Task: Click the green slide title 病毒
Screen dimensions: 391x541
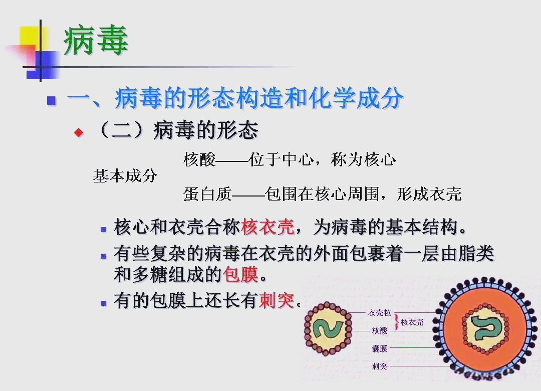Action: point(96,41)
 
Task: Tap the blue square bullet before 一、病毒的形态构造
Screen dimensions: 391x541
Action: point(51,100)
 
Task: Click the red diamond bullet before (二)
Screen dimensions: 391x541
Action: point(78,132)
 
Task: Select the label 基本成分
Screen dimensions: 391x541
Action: point(125,176)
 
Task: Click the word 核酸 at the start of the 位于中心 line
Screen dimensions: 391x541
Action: point(199,160)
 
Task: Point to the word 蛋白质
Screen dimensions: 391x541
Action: point(207,194)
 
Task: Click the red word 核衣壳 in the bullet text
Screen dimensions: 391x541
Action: point(267,228)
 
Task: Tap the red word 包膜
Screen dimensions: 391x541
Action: point(241,275)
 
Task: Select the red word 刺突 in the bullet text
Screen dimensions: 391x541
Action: point(277,301)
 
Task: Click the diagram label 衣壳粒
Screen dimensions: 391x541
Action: point(380,313)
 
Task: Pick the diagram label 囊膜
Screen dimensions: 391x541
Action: point(380,348)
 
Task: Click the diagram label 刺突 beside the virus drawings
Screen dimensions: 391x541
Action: point(380,366)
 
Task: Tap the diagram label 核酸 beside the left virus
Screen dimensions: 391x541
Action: point(380,331)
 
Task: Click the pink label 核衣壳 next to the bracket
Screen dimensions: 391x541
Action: point(412,322)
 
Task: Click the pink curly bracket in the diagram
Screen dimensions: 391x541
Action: point(397,322)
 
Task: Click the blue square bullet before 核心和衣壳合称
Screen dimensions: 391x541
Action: point(104,230)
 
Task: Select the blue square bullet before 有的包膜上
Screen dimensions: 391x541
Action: point(104,303)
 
